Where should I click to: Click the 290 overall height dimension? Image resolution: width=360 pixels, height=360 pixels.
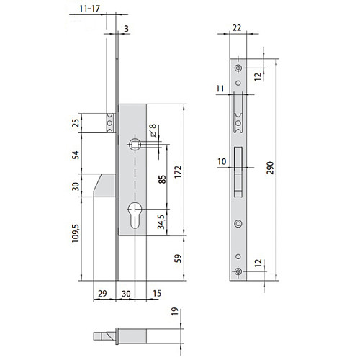270,168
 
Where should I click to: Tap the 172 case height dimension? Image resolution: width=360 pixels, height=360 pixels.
178,172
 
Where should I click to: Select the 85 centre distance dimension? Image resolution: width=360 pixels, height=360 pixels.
163,179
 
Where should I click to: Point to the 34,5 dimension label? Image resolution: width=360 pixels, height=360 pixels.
161,222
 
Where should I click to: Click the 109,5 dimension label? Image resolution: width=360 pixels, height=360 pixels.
76,233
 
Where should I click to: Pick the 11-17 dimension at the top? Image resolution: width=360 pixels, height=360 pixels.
89,9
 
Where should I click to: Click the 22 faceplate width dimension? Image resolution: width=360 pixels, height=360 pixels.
237,28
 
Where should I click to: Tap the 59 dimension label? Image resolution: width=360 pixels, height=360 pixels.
178,258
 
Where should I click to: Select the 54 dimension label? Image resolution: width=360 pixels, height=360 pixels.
76,155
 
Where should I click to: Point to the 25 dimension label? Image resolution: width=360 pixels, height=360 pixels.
76,123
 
